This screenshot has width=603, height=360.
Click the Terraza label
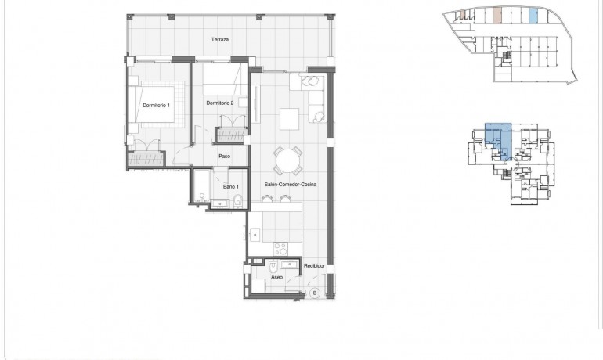pos(219,38)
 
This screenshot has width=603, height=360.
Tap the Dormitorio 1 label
pos(155,104)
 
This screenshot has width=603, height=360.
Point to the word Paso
pos(225,156)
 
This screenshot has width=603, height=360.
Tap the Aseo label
pos(276,277)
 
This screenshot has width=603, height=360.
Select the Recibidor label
pos(314,265)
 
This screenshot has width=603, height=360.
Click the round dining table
pos(287,162)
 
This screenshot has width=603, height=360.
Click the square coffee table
pos(289,117)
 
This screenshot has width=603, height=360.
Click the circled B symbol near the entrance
pos(313,293)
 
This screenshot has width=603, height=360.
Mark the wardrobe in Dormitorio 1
pos(146,158)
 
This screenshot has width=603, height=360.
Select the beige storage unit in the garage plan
pos(498,15)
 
